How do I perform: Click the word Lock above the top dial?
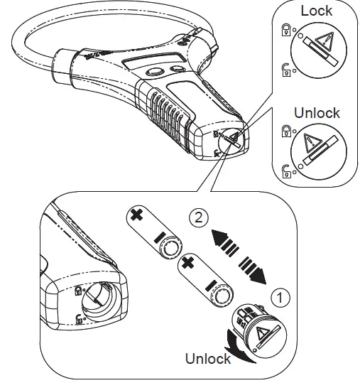click(x=316, y=11)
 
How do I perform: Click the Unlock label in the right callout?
click(x=316, y=113)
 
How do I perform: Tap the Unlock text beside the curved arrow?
click(x=208, y=359)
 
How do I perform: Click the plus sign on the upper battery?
click(x=136, y=214)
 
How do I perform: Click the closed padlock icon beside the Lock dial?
click(x=286, y=31)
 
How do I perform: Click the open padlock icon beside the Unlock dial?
click(x=286, y=170)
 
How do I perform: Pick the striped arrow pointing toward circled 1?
click(x=254, y=269)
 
